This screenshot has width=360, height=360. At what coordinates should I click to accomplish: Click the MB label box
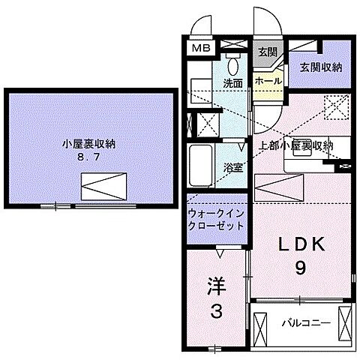tap(199, 48)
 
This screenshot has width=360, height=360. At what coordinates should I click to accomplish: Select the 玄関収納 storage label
tap(321, 67)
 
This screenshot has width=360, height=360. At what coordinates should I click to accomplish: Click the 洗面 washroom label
tap(232, 83)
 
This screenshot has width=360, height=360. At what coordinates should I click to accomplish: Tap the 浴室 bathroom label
tap(233, 168)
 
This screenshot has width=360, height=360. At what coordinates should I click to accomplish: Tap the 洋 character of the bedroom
tap(215, 286)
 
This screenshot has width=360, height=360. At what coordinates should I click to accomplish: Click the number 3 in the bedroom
tap(216, 313)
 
